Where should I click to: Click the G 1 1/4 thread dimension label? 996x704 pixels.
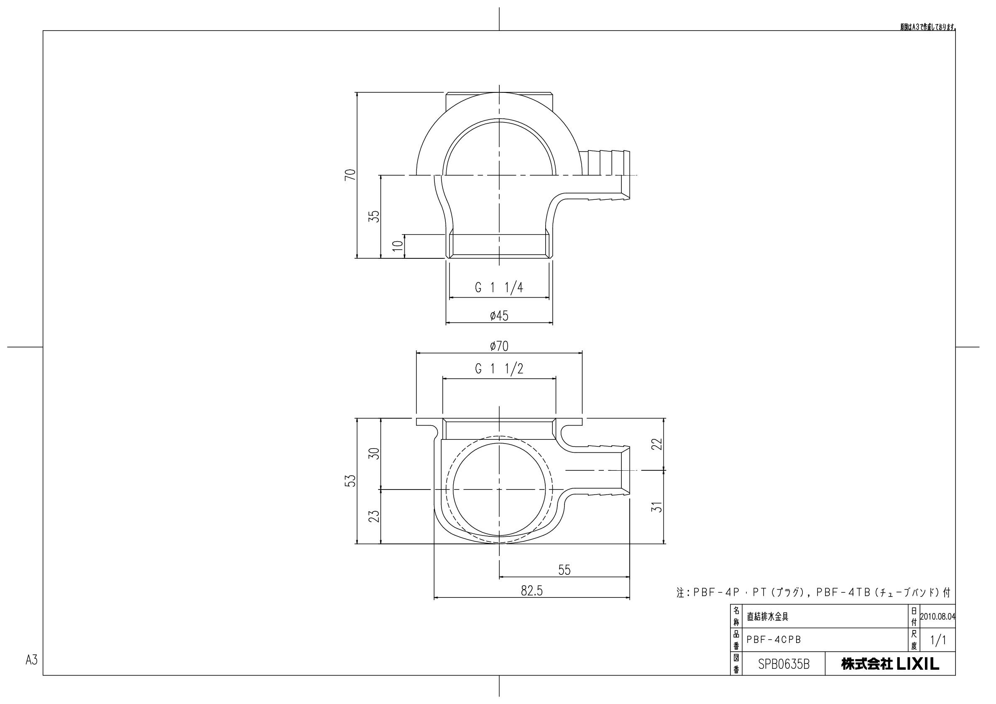pos(499,288)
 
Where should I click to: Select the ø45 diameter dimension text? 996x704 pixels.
pos(499,315)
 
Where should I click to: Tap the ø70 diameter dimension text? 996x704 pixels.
pos(499,346)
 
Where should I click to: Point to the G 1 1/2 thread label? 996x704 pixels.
pos(499,369)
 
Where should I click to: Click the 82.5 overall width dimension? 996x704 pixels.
pos(531,590)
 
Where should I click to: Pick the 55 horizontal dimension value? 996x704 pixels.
pos(564,569)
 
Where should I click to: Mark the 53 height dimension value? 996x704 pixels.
pos(350,481)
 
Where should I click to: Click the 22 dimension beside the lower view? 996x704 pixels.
pos(658,444)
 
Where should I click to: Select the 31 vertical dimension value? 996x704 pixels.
pos(658,507)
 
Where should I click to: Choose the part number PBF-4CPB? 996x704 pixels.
pos(774,639)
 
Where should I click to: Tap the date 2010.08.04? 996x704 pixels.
pos(937,616)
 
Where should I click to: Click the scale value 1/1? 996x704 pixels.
pos(938,640)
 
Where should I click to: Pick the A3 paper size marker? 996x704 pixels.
pos(32,660)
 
